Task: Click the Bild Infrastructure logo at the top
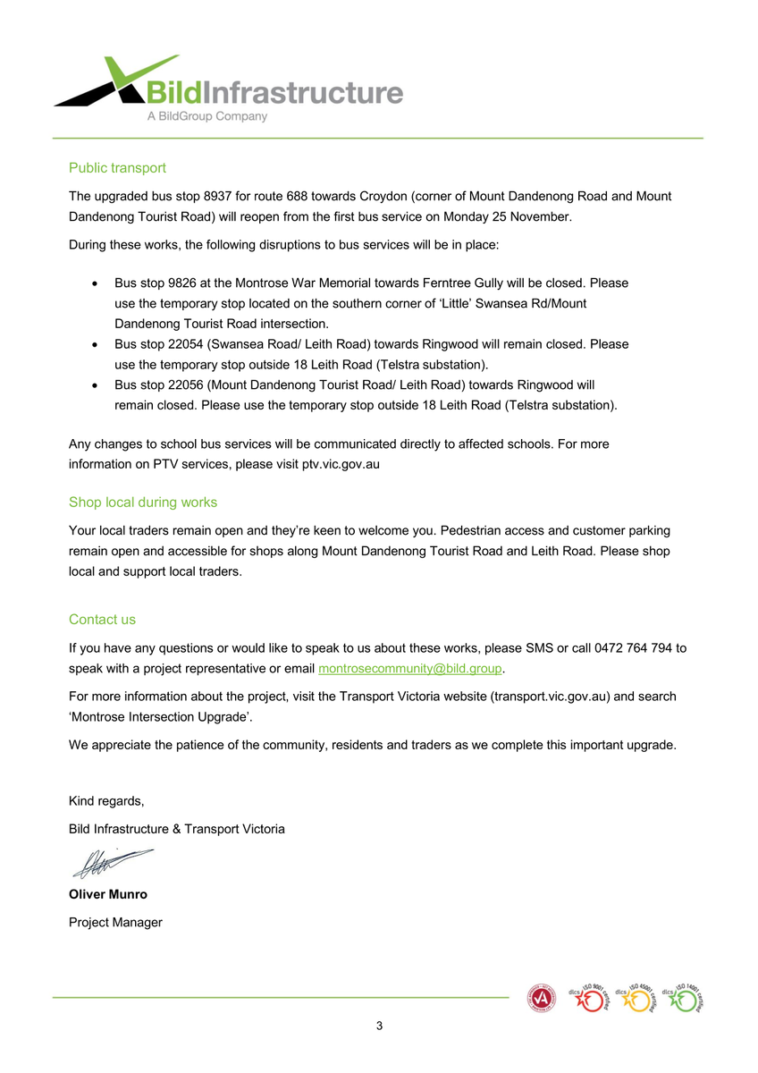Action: click(228, 89)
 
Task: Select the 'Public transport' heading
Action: click(117, 168)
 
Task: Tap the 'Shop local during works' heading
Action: click(143, 503)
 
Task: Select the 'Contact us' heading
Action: click(102, 620)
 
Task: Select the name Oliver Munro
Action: click(108, 894)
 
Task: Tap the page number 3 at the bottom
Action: click(379, 1026)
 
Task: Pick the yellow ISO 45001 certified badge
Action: click(636, 999)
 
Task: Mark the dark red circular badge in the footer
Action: click(542, 998)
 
